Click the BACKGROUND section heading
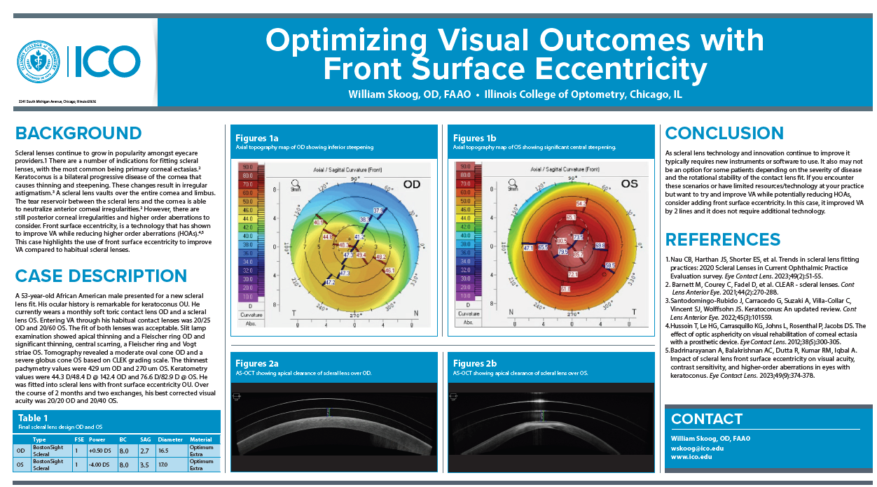(x=78, y=134)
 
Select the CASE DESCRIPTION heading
(x=101, y=276)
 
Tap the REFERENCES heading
(x=722, y=240)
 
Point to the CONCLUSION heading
(x=724, y=134)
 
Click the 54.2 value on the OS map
(x=581, y=204)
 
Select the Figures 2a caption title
(x=257, y=363)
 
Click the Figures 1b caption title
(x=474, y=138)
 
